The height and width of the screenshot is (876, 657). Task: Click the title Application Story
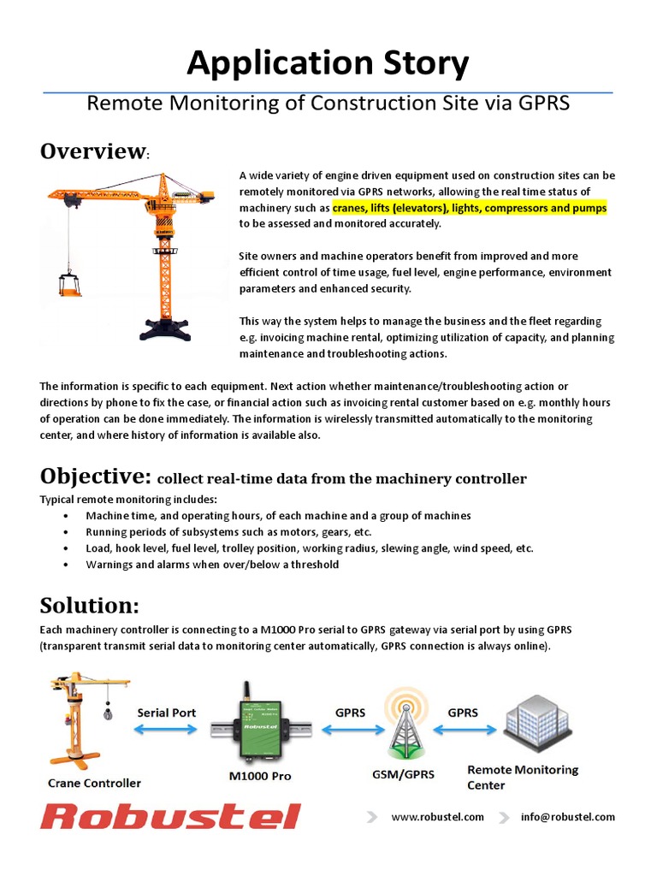click(328, 63)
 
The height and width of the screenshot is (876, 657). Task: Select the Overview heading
click(93, 151)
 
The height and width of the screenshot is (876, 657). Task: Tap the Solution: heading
click(89, 606)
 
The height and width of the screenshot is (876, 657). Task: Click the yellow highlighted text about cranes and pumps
click(469, 208)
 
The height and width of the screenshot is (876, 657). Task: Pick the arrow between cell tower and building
click(463, 729)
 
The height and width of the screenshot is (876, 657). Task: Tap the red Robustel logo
click(170, 816)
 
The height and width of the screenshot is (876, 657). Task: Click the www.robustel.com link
click(437, 817)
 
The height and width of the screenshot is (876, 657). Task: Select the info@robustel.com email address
click(567, 817)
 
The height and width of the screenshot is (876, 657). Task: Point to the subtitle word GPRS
click(543, 104)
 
